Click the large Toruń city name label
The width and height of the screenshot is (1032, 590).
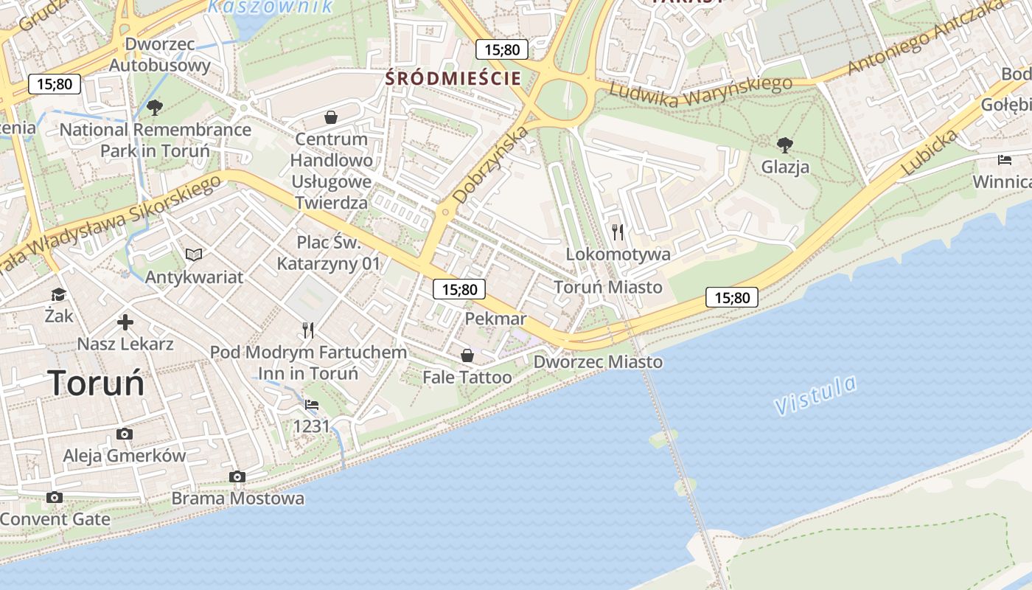tap(96, 383)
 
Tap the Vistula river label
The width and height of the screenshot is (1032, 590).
tap(815, 395)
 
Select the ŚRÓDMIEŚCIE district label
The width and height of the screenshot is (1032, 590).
tap(453, 78)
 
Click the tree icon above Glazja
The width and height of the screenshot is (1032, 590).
tap(785, 145)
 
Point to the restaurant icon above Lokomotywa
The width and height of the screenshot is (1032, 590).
tap(618, 232)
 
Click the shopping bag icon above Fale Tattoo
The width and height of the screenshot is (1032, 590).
tap(467, 355)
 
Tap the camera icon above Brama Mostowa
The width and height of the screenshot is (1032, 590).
tap(237, 476)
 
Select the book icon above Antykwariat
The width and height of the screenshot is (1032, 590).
tap(194, 254)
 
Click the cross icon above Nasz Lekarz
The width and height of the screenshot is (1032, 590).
tap(125, 322)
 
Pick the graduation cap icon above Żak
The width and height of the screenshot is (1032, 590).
tap(58, 295)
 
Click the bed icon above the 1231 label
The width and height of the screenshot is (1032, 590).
tap(312, 405)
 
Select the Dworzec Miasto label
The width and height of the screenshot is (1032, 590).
tap(598, 362)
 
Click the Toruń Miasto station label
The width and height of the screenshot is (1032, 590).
tap(608, 287)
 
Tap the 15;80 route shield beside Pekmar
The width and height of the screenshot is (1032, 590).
tap(459, 290)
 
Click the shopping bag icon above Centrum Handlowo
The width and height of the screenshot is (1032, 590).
tap(331, 117)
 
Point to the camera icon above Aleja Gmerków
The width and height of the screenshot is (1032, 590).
tap(125, 434)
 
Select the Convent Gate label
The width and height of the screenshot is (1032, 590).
tap(55, 518)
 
